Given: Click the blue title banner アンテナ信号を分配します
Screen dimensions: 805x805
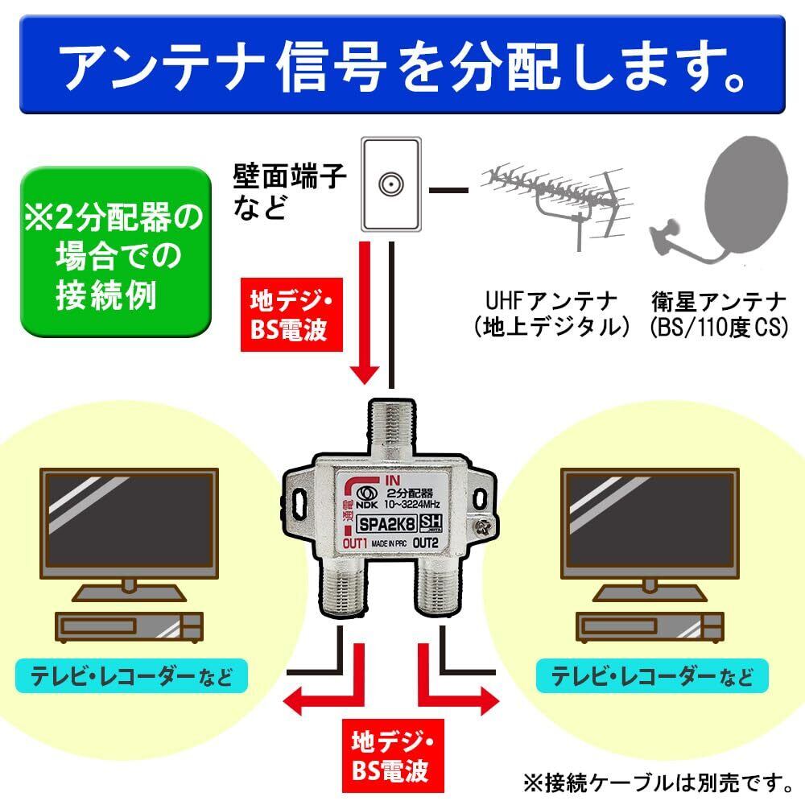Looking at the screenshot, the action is coord(402,64).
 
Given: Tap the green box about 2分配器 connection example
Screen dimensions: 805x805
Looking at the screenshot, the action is coord(116,252).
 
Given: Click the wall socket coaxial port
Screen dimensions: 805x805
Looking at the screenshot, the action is coord(391,184).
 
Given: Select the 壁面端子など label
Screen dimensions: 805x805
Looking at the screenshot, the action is coord(290,192).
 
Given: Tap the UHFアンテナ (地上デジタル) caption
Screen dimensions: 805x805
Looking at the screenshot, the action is coord(551,314).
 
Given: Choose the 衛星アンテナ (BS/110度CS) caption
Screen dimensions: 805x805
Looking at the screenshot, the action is coord(719,314).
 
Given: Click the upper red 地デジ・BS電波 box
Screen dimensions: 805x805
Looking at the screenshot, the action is coord(291,315).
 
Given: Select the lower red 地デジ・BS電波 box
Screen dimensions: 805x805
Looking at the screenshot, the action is coord(393,756).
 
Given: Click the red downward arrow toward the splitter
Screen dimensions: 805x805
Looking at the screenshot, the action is coord(365,313).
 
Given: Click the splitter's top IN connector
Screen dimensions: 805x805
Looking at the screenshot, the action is coord(393,431).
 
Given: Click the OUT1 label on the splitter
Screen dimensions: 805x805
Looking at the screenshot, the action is coord(355,543).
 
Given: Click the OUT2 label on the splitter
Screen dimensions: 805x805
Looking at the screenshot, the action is coord(425,542).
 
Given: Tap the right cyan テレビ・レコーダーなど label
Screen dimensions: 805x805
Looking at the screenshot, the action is coord(652,676).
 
